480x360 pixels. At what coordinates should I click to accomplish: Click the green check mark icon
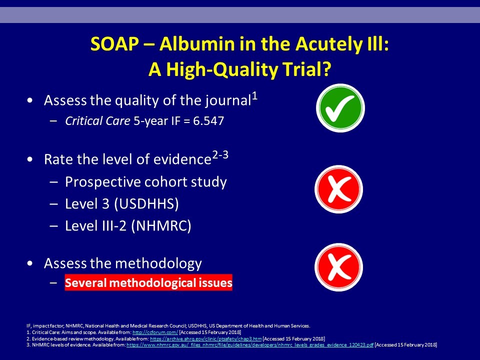pyautogui.click(x=340, y=108)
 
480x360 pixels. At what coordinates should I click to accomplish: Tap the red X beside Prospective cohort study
pyautogui.click(x=339, y=189)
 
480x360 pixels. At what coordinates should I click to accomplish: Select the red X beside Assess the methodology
pyautogui.click(x=339, y=267)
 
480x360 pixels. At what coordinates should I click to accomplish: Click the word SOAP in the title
pyautogui.click(x=114, y=44)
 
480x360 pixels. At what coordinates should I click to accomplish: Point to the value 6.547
pyautogui.click(x=208, y=121)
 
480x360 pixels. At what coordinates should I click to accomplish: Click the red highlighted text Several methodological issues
pyautogui.click(x=148, y=282)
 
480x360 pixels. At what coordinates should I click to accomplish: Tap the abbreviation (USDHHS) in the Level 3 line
pyautogui.click(x=146, y=204)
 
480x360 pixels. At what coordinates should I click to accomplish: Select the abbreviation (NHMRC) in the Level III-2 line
pyautogui.click(x=161, y=226)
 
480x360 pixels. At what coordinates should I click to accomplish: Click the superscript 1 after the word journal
pyautogui.click(x=254, y=96)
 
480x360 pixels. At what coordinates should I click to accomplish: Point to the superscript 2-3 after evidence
pyautogui.click(x=220, y=155)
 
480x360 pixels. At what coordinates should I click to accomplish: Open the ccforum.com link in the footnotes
pyautogui.click(x=155, y=332)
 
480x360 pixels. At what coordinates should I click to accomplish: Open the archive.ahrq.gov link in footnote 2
pyautogui.click(x=205, y=339)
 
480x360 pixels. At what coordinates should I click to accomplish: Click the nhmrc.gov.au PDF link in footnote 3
pyautogui.click(x=250, y=345)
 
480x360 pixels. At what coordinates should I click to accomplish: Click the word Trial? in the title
pyautogui.click(x=306, y=69)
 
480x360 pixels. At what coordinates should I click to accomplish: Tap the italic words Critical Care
pyautogui.click(x=97, y=121)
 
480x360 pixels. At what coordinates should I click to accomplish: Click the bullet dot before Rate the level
pyautogui.click(x=29, y=159)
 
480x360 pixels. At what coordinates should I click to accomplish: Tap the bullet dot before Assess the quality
pyautogui.click(x=29, y=100)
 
